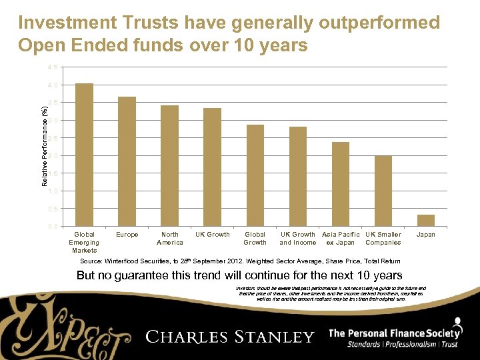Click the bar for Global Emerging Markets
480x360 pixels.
85,155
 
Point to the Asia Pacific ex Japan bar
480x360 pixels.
340,184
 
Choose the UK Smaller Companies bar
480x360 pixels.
383,191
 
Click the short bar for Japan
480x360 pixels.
425,220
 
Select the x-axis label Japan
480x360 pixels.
425,235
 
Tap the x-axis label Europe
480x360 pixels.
127,235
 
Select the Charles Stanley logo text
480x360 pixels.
230,336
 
